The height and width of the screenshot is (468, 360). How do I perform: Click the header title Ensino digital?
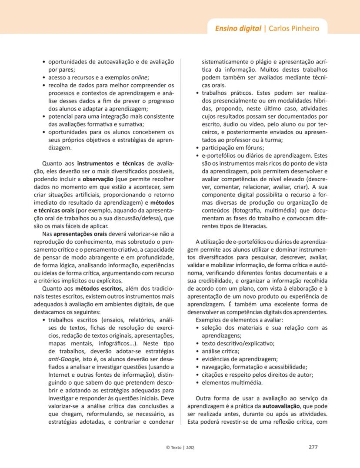pyautogui.click(x=238, y=29)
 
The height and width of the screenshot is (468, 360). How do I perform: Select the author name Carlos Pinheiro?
pyautogui.click(x=294, y=29)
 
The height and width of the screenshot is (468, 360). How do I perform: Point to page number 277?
pyautogui.click(x=313, y=447)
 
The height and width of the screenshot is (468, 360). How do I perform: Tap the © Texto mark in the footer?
pyautogui.click(x=174, y=447)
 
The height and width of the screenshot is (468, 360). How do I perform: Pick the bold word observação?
pyautogui.click(x=98, y=179)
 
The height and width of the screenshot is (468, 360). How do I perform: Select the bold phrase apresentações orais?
pyautogui.click(x=80, y=234)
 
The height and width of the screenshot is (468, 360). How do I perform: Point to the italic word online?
pyautogui.click(x=140, y=77)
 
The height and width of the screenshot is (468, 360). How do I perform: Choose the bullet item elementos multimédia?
pyautogui.click(x=232, y=382)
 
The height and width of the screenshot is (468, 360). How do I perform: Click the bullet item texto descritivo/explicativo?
pyautogui.click(x=238, y=343)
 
